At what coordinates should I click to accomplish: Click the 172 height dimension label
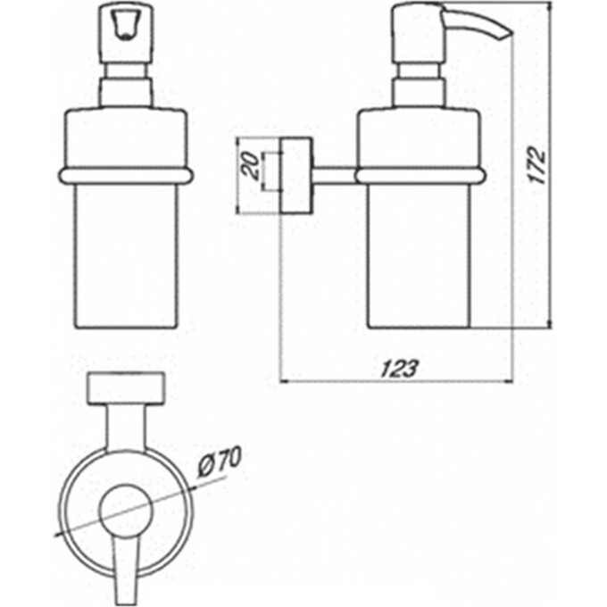537,164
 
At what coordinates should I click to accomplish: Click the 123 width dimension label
400,368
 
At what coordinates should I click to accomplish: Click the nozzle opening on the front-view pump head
126,29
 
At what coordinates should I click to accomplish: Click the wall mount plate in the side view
296,175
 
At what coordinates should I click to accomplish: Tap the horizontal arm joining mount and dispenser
334,175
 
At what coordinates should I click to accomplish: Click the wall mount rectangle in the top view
126,388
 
